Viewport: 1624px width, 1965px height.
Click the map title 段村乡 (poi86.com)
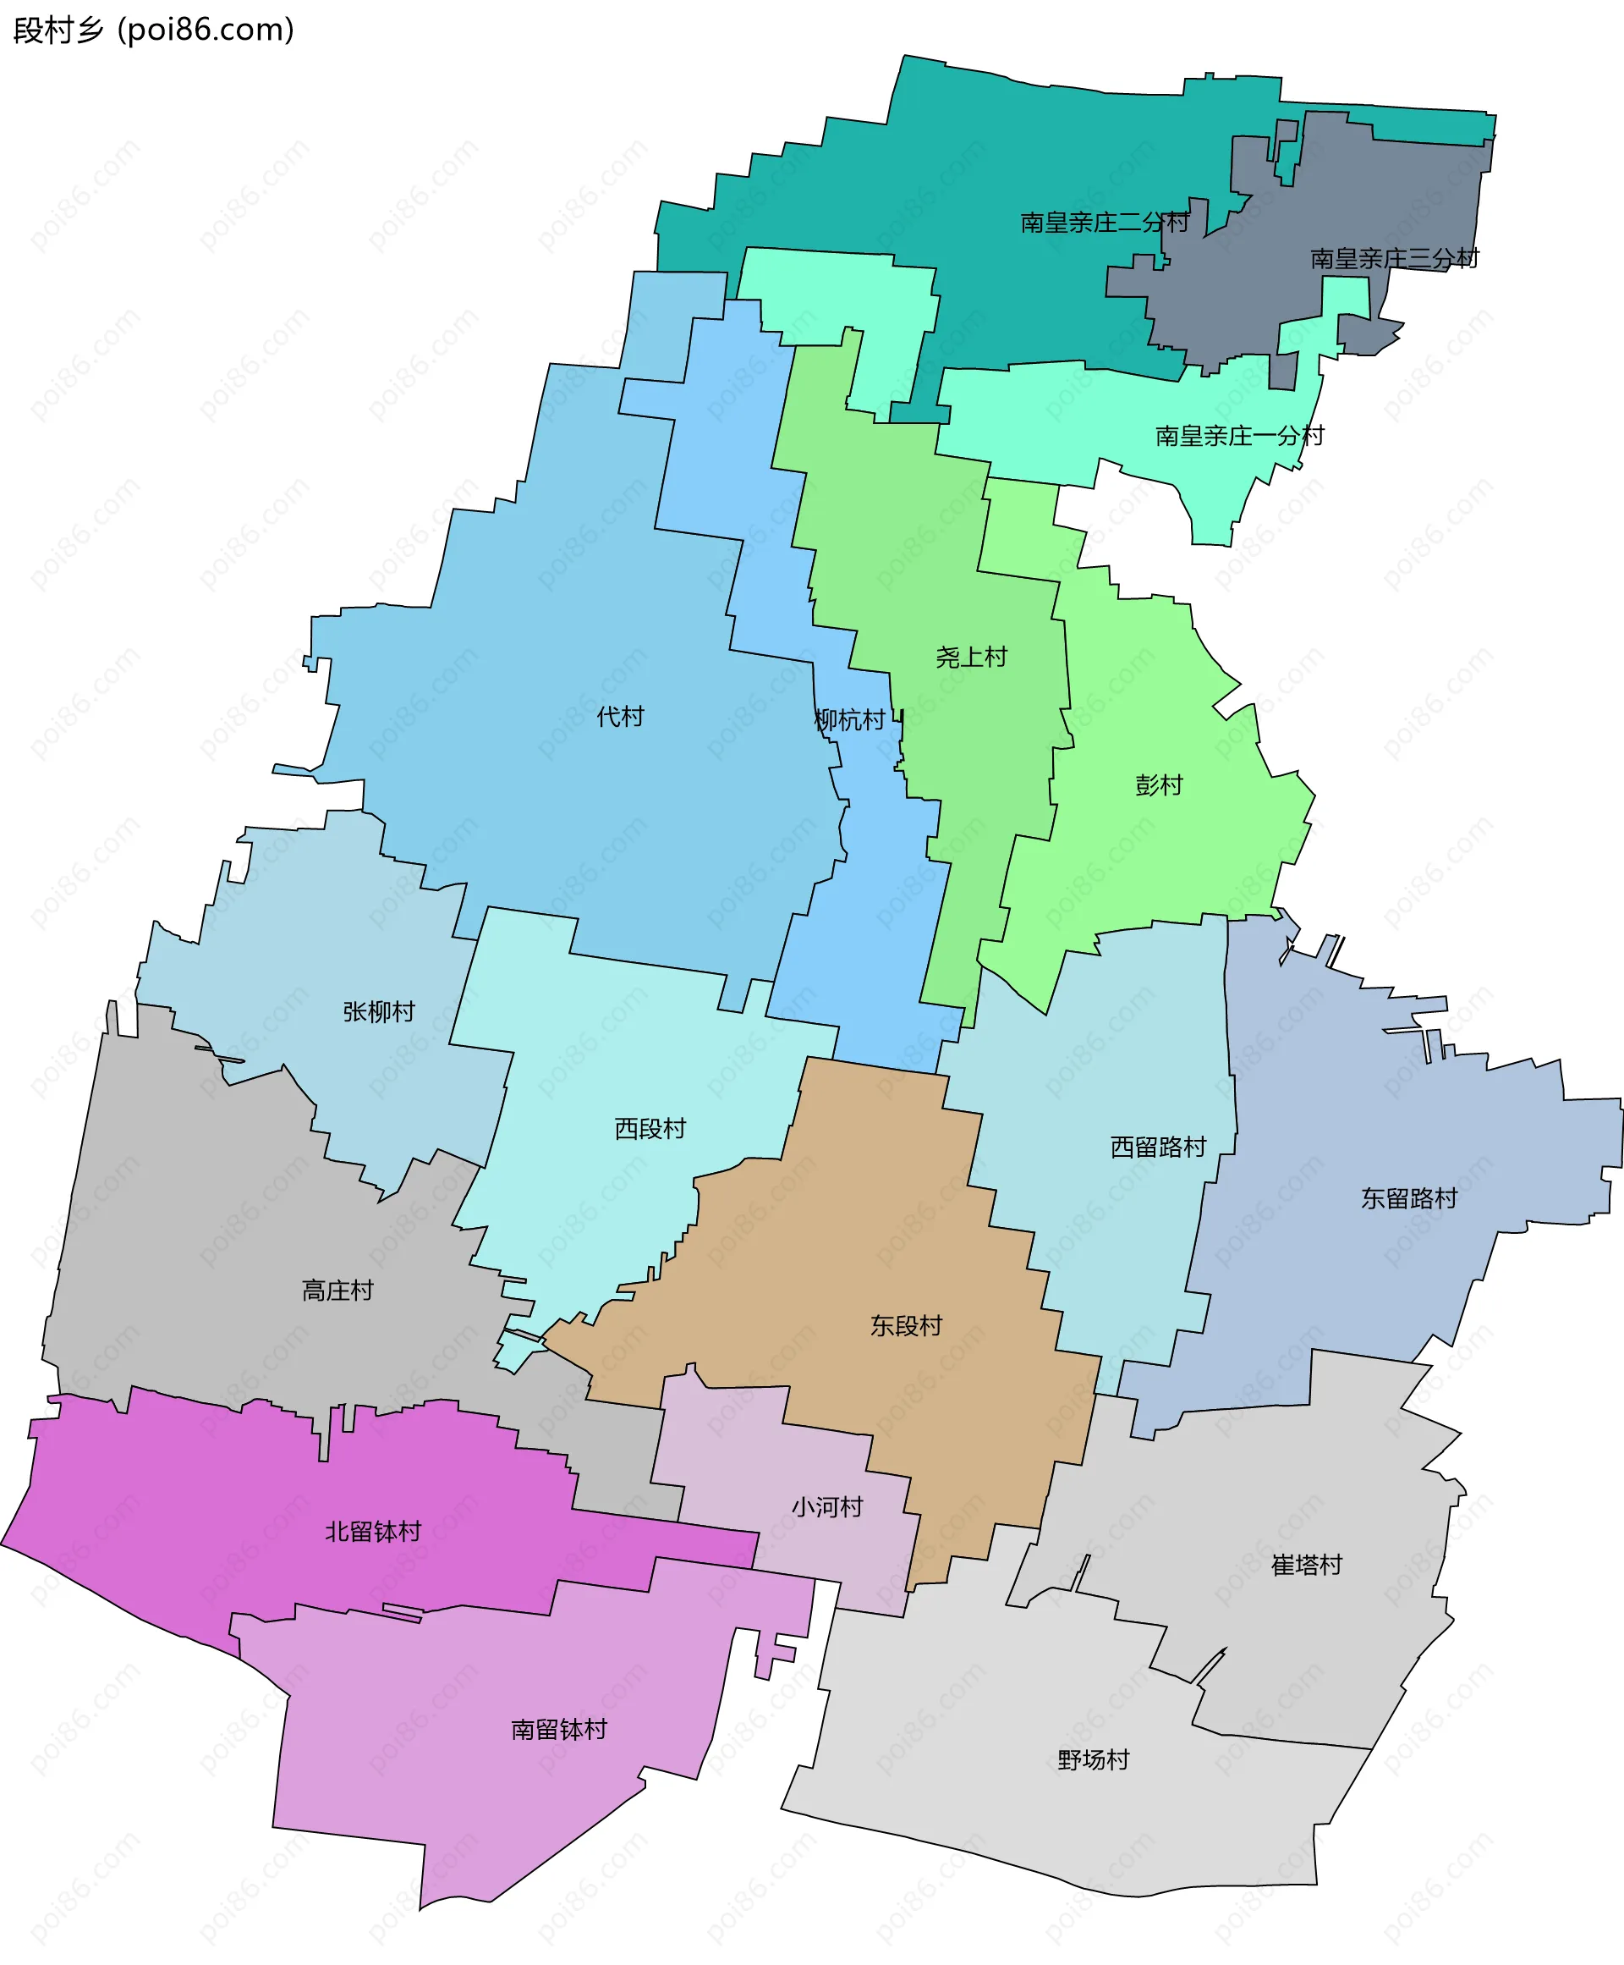pyautogui.click(x=153, y=30)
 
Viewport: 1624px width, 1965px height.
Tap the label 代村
pyautogui.click(x=620, y=717)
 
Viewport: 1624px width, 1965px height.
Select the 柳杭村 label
pyautogui.click(x=849, y=720)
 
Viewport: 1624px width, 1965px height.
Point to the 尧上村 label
pyautogui.click(x=971, y=657)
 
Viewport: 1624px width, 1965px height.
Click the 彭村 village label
pyautogui.click(x=1159, y=784)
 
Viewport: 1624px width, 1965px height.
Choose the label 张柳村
pyautogui.click(x=379, y=1011)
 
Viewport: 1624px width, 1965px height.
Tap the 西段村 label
pyautogui.click(x=650, y=1128)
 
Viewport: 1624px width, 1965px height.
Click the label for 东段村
pyautogui.click(x=906, y=1326)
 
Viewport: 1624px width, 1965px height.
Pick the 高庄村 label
pyautogui.click(x=337, y=1291)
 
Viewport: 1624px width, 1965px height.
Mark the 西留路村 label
pyautogui.click(x=1158, y=1148)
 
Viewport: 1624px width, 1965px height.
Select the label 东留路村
pyautogui.click(x=1409, y=1198)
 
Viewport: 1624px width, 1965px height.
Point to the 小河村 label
pyautogui.click(x=827, y=1507)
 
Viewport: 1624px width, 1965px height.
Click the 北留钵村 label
pyautogui.click(x=372, y=1532)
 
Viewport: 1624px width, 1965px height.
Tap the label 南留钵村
pyautogui.click(x=558, y=1729)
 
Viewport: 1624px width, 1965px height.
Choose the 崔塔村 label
pyautogui.click(x=1306, y=1566)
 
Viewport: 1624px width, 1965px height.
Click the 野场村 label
pyautogui.click(x=1094, y=1760)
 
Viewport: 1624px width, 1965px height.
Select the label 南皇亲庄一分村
pyautogui.click(x=1239, y=436)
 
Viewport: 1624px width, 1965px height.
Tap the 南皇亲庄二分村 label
pyautogui.click(x=1105, y=223)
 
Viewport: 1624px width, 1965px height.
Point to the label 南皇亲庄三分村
pyautogui.click(x=1394, y=258)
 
